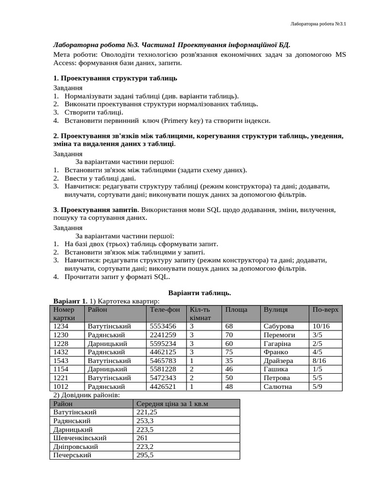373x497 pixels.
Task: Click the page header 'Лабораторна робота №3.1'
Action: click(317, 23)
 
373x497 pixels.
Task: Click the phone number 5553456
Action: click(163, 326)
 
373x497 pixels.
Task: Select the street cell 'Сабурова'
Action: click(279, 326)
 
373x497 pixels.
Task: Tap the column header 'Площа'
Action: click(236, 309)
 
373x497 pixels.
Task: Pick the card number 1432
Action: click(61, 352)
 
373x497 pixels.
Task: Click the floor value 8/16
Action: click(320, 361)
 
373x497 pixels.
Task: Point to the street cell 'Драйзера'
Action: click(278, 361)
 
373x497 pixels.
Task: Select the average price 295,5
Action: click(145, 455)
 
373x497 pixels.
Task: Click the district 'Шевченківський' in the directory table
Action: click(80, 438)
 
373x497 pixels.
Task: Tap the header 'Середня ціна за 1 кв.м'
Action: click(172, 404)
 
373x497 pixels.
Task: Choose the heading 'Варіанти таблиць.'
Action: click(199, 293)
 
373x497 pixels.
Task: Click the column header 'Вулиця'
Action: click(275, 309)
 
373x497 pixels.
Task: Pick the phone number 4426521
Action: click(163, 386)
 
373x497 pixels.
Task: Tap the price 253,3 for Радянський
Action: click(145, 421)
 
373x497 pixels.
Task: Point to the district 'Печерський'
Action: click(72, 455)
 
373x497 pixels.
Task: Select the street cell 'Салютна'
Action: click(278, 386)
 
